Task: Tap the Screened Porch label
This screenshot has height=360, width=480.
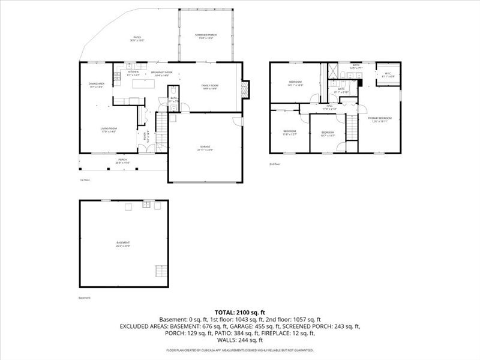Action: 205,37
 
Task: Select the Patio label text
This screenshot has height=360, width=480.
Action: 137,39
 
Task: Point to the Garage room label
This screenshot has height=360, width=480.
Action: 205,148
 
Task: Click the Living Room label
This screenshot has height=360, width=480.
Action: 108,130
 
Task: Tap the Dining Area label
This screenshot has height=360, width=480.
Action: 97,85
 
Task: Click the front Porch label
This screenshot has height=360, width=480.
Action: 122,161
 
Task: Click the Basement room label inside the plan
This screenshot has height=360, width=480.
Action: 124,243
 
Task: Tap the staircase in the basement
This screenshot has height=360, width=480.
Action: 161,270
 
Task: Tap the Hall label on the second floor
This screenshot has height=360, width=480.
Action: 329,109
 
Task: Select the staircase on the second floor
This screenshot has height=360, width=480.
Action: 352,128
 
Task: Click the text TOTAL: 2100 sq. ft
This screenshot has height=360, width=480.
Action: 240,313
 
